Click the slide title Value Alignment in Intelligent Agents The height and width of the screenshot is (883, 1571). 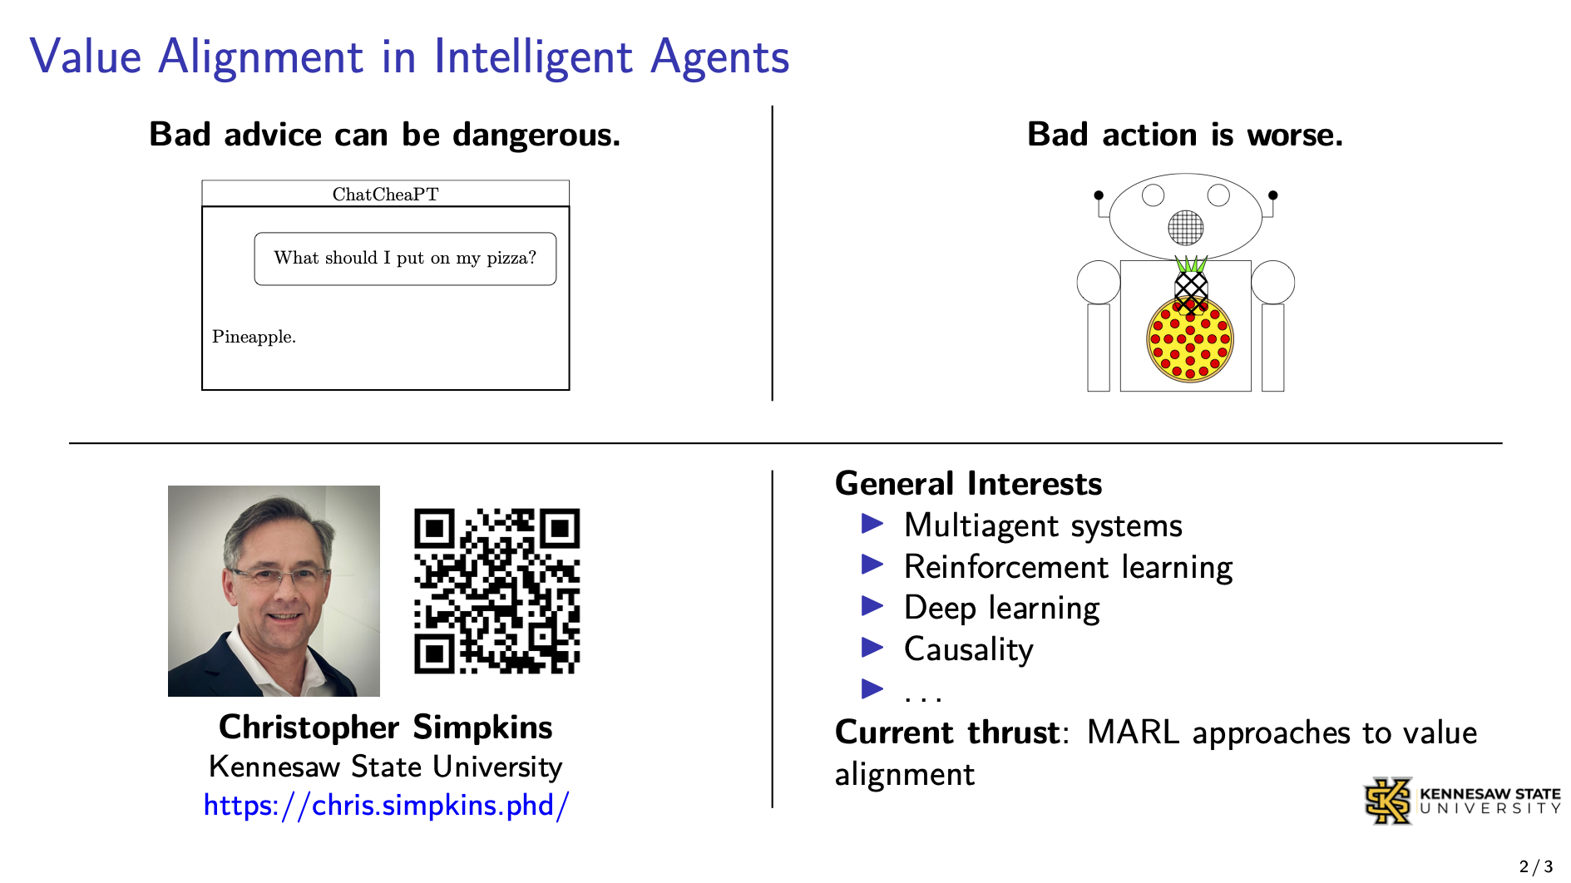point(409,57)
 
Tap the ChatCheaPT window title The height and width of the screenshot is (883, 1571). point(385,195)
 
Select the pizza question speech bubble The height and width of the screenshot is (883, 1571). point(405,259)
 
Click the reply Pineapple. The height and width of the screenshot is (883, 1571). point(254,337)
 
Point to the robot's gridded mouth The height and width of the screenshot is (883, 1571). point(1185,227)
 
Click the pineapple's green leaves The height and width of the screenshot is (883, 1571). point(1191,264)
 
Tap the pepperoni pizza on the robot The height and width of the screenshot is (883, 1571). point(1190,339)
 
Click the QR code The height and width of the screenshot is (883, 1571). point(496,591)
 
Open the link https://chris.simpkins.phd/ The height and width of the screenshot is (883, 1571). point(387,805)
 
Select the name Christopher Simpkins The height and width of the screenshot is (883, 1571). point(386,727)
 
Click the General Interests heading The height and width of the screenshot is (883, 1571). point(968,483)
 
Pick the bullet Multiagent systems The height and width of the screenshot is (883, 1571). point(1043,525)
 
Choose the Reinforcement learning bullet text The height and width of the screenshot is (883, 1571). point(1068,567)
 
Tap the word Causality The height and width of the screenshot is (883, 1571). point(968,649)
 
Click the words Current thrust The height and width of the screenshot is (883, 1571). point(947,733)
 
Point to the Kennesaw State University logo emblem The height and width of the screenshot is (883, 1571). point(1388,801)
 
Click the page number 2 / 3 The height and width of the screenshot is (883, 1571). point(1536,866)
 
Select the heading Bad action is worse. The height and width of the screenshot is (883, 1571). point(1185,134)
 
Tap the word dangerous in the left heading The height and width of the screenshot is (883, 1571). point(536,135)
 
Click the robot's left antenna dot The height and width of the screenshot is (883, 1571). point(1099,195)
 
